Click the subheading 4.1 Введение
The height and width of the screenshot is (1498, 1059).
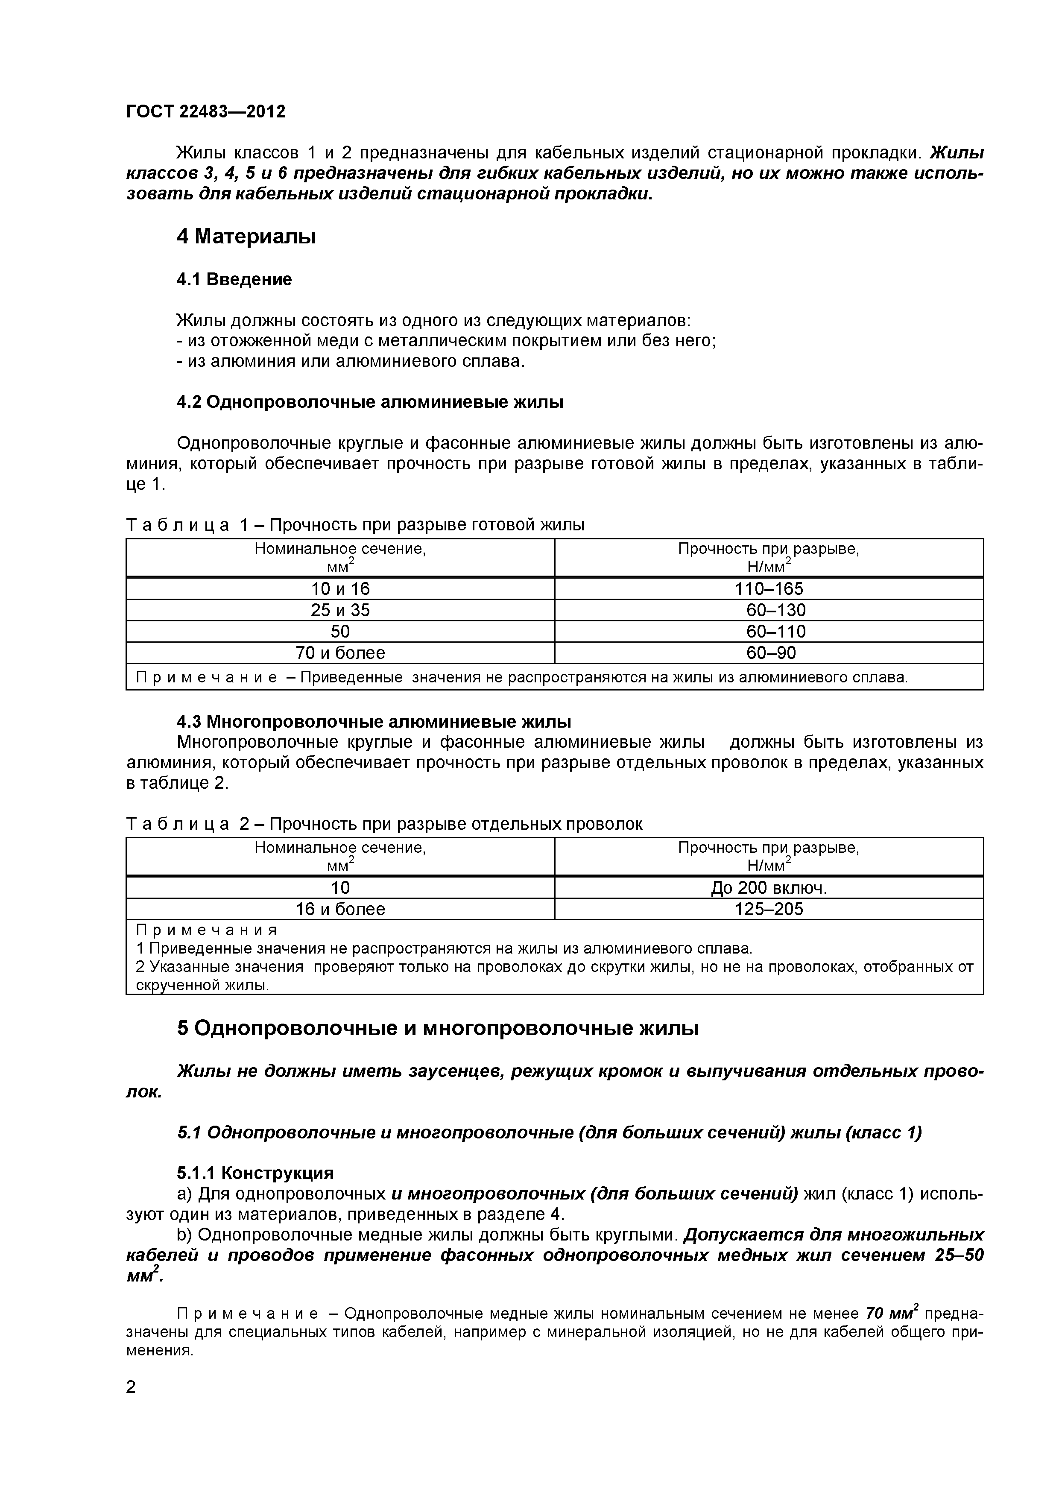click(x=234, y=279)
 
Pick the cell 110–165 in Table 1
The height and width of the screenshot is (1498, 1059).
click(x=769, y=588)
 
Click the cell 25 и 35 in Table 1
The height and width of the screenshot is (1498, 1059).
click(x=340, y=610)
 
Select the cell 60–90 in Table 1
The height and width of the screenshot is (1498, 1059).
click(x=771, y=652)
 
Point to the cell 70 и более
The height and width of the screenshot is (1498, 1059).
click(x=340, y=652)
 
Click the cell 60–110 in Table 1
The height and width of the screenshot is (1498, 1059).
click(x=776, y=631)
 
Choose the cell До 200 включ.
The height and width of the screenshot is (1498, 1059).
click(x=769, y=887)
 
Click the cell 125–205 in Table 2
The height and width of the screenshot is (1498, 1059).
click(x=769, y=909)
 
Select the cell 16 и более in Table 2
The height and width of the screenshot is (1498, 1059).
click(x=340, y=909)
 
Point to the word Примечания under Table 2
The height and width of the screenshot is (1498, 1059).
click(x=207, y=930)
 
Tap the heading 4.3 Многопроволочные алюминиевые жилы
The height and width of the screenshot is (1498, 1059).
click(x=374, y=722)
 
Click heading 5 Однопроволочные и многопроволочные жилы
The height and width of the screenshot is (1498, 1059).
click(x=438, y=1028)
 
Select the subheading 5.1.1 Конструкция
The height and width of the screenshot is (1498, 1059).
click(x=255, y=1173)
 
